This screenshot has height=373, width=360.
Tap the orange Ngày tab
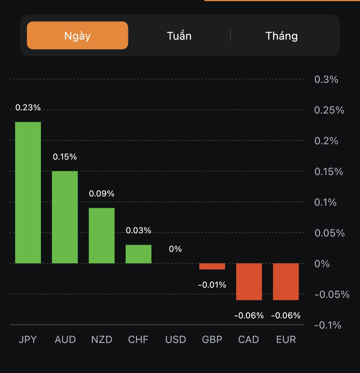click(77, 35)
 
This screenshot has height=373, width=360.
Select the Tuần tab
click(179, 35)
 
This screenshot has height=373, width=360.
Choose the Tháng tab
click(282, 35)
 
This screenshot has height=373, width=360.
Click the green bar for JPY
click(28, 192)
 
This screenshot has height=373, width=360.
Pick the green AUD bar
click(65, 217)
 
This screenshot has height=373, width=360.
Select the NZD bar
click(102, 236)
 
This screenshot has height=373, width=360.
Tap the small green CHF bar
click(139, 254)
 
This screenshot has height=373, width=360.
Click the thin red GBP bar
click(212, 266)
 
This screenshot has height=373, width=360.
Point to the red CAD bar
click(249, 282)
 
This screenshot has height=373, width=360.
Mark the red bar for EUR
click(286, 282)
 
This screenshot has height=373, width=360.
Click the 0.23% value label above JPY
click(28, 107)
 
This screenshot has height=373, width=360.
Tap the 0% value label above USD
click(175, 249)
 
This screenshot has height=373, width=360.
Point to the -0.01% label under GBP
click(212, 285)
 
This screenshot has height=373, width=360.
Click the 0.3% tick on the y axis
click(326, 79)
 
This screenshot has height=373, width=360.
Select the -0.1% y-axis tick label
click(328, 325)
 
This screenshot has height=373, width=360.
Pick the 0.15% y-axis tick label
click(329, 172)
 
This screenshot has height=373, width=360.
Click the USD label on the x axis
click(175, 339)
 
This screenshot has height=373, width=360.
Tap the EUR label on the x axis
click(286, 339)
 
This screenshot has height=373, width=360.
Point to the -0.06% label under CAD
click(249, 316)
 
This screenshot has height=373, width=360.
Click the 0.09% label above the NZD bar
click(102, 194)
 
